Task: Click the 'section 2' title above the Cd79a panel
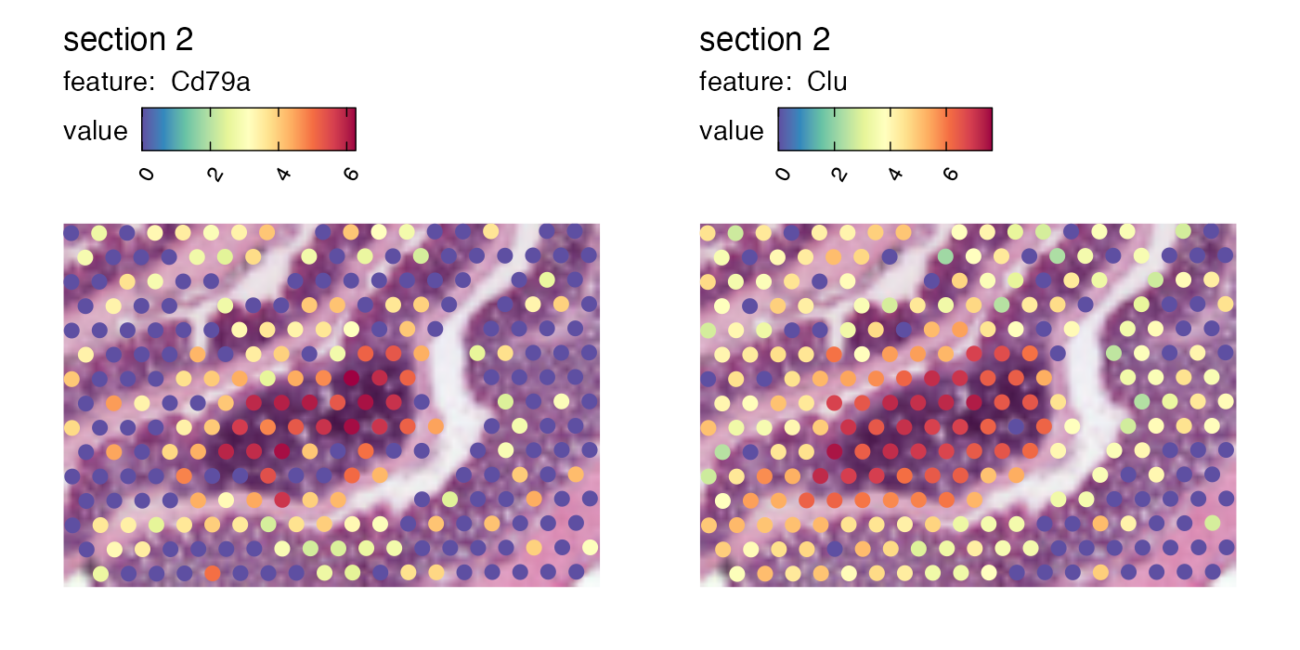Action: point(128,40)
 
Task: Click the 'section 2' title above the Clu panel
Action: point(764,40)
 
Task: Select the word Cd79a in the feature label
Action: point(211,83)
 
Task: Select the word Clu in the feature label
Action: point(826,83)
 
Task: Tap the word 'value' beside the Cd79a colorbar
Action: point(96,131)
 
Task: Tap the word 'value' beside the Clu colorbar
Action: point(732,131)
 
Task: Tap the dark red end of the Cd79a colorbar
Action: point(351,129)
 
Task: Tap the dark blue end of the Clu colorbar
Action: point(783,129)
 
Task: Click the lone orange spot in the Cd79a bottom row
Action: point(213,573)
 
